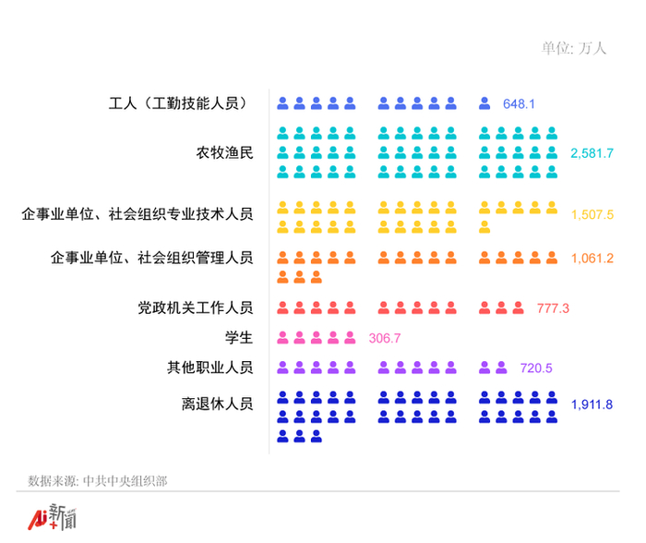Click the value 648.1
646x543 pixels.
point(519,103)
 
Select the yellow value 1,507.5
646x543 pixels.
point(592,214)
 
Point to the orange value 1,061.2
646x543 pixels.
point(592,258)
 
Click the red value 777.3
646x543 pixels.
point(553,308)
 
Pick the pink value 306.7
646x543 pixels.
point(384,338)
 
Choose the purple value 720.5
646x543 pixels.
point(536,368)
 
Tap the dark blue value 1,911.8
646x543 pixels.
point(592,404)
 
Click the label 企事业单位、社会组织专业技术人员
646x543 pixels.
point(138,214)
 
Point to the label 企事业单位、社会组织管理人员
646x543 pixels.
point(152,258)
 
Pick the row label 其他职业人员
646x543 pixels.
point(209,368)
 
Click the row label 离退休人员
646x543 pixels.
point(217,404)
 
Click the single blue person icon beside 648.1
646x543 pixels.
point(484,103)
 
